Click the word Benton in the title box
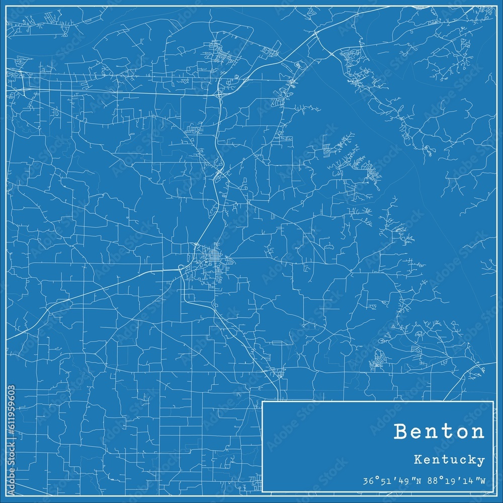point(440,432)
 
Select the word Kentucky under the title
point(450,460)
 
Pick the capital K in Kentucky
point(419,459)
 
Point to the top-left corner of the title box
point(263,401)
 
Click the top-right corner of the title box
point(493,401)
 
